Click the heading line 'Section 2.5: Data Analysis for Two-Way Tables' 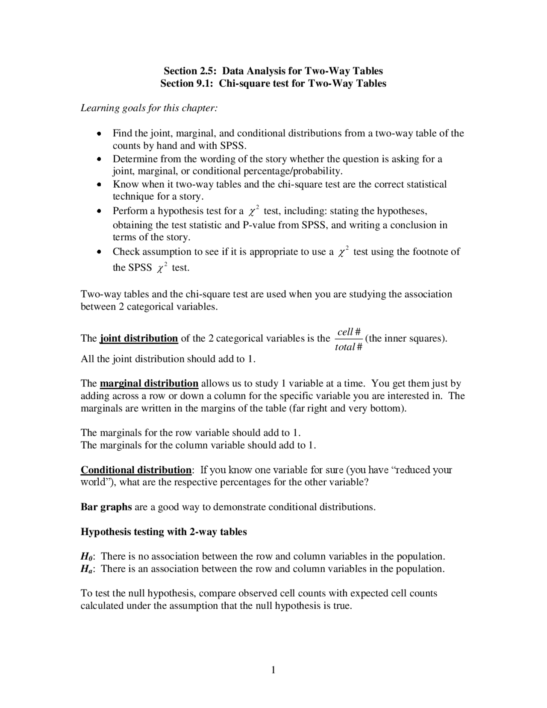tap(273, 71)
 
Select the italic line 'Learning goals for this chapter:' tap(149, 108)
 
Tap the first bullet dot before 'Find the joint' tap(99, 133)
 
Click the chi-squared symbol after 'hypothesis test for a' tap(253, 211)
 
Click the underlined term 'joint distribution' tap(138, 339)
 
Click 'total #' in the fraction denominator tap(348, 347)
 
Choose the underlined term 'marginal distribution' tap(149, 383)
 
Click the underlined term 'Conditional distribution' tap(136, 470)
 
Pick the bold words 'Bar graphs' tap(106, 507)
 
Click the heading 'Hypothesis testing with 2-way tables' tap(164, 532)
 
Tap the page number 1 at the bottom tap(273, 670)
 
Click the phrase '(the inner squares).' tap(406, 339)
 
